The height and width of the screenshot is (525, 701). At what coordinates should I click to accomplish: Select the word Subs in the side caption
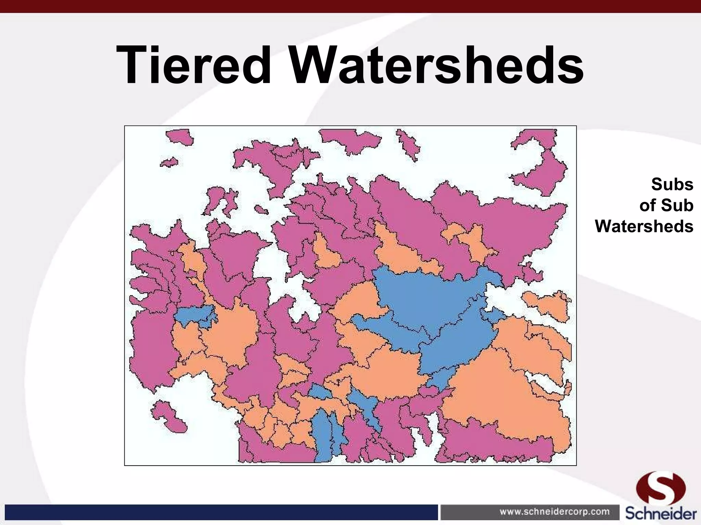(x=672, y=185)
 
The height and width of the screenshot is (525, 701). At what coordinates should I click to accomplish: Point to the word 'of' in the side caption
(x=648, y=205)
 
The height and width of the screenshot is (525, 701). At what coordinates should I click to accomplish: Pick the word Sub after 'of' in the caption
(x=677, y=205)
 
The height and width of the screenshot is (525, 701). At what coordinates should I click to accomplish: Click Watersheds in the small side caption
(x=644, y=226)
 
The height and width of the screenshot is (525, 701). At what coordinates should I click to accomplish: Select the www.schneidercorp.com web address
(x=555, y=512)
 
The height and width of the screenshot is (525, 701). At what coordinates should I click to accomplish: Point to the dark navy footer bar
(x=219, y=512)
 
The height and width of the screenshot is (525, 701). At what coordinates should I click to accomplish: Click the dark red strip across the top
(x=350, y=6)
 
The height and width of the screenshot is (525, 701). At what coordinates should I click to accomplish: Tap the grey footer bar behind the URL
(x=469, y=512)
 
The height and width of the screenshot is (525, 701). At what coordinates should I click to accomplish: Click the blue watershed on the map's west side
(x=195, y=315)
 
